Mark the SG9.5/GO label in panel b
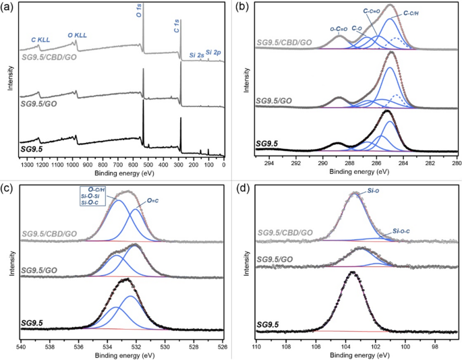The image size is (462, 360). [x=278, y=100]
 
